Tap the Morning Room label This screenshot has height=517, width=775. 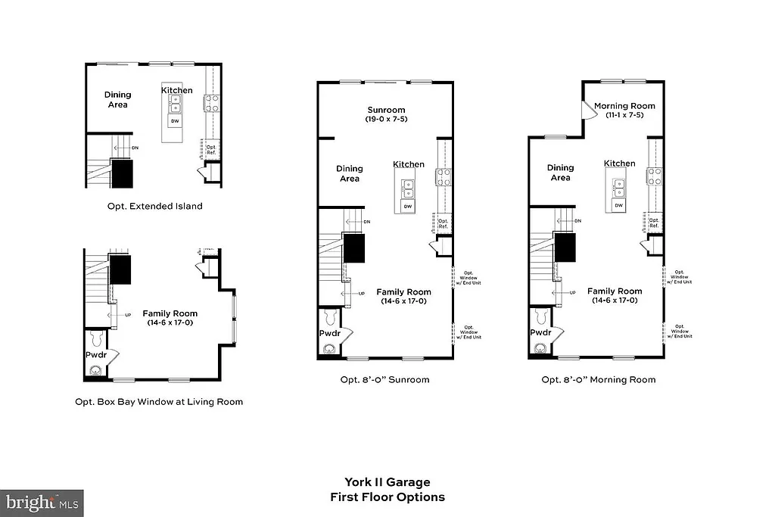click(624, 106)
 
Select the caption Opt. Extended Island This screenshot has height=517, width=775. click(154, 206)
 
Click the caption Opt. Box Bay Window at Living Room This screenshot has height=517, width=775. click(159, 401)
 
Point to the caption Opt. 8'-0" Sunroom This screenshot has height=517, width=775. click(384, 379)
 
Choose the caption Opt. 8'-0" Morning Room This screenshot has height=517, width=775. click(598, 379)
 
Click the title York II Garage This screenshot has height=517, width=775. click(387, 481)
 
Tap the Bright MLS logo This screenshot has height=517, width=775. click(42, 502)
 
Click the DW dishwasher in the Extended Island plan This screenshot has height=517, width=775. click(175, 121)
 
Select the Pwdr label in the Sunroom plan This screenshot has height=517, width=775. click(328, 332)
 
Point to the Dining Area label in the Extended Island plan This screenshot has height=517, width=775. click(117, 99)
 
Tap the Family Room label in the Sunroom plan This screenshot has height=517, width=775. click(404, 292)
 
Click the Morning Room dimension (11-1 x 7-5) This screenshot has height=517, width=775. click(624, 115)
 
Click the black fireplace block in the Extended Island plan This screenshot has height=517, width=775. click(123, 173)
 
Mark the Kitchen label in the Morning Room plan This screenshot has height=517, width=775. click(620, 164)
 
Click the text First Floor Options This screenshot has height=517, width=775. click(387, 497)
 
